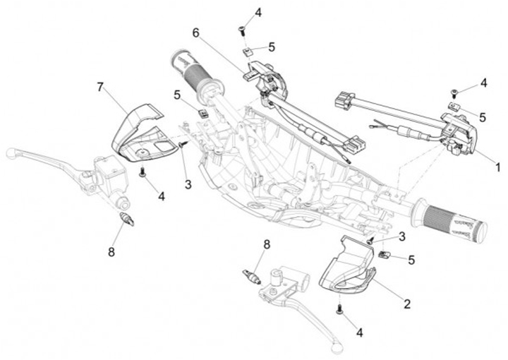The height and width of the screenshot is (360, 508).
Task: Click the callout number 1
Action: point(497,167)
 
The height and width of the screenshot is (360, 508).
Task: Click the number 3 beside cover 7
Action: point(188,184)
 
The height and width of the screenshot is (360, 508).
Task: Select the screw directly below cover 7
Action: point(143,172)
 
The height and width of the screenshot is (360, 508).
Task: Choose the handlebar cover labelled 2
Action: point(346,268)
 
